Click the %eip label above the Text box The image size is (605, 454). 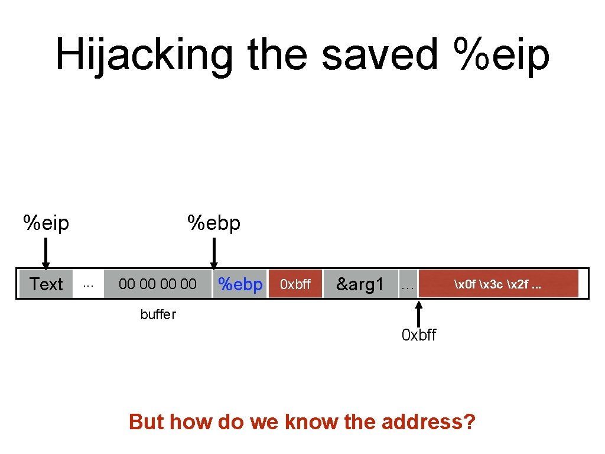[x=46, y=223]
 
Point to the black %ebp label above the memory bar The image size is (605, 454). [x=214, y=223]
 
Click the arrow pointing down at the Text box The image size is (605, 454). [x=46, y=254]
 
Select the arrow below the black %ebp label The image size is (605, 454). [x=214, y=254]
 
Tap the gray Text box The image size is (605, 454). [x=46, y=284]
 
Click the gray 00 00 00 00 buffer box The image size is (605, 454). [x=157, y=284]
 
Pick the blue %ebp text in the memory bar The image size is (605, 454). [x=240, y=284]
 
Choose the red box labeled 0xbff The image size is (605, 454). [x=295, y=284]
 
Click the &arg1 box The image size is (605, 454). [x=360, y=284]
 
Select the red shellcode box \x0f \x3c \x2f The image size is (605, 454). [x=497, y=284]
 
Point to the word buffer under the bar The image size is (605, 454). [x=158, y=314]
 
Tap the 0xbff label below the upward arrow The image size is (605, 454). [x=419, y=335]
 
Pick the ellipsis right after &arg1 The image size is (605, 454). [x=407, y=287]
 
